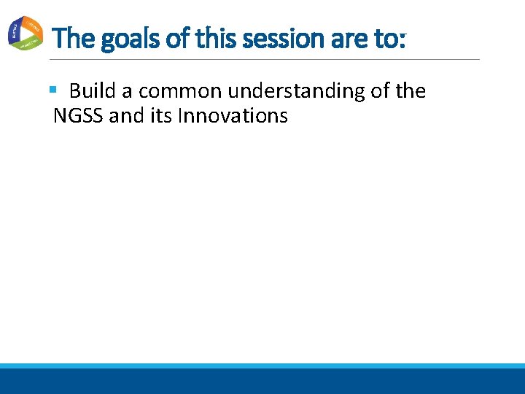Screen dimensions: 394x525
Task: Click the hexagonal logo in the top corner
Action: [26, 33]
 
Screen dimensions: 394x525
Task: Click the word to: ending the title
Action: [390, 38]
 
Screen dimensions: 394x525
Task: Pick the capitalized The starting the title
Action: [74, 38]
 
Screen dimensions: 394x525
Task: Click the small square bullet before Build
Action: [52, 90]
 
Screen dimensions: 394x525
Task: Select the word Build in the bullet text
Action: [92, 91]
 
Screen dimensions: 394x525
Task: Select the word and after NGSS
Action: [125, 115]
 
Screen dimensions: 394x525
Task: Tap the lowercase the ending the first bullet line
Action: [410, 91]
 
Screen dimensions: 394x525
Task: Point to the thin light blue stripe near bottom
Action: [262, 366]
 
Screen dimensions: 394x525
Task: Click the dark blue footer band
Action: [262, 382]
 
